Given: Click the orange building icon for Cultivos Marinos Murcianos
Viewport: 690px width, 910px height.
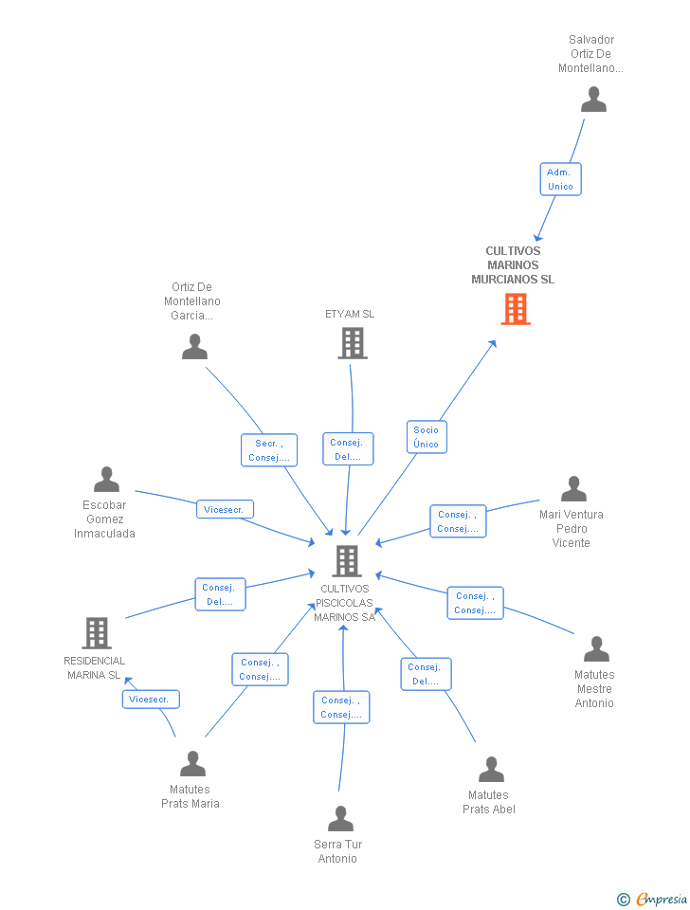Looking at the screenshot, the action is (516, 309).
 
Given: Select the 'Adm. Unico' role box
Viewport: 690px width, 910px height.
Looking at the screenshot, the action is (560, 179).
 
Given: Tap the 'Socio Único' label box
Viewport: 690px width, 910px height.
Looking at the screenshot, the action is (427, 437).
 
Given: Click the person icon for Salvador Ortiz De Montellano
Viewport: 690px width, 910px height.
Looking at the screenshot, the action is (593, 100).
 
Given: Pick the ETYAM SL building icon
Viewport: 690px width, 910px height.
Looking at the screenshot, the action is (353, 343).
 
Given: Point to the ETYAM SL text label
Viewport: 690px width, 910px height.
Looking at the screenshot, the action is (350, 314).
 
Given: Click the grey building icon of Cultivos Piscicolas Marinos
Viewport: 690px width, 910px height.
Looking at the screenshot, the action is (347, 560).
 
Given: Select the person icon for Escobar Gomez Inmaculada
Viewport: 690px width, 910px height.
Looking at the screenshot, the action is (107, 480).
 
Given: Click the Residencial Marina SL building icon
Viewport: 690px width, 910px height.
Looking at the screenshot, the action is (97, 632).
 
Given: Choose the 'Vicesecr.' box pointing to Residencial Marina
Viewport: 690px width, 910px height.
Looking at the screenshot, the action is (151, 700).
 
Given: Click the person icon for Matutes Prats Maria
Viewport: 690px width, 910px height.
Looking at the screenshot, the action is (192, 764).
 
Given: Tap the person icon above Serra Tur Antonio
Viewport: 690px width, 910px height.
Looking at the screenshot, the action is (340, 818).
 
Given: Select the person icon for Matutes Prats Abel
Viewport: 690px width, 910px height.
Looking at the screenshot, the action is (491, 770).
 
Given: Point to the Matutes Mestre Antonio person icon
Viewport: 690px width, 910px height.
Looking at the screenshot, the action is (596, 648).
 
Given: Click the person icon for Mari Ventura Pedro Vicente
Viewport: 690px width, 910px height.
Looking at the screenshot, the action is (574, 489).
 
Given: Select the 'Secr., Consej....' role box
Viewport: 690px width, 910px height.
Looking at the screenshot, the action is (269, 450).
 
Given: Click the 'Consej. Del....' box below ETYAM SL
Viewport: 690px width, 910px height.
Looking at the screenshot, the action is (348, 449).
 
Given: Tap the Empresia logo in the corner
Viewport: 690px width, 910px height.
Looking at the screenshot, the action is (652, 899).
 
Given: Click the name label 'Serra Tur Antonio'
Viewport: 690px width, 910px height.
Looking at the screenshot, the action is (337, 851).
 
